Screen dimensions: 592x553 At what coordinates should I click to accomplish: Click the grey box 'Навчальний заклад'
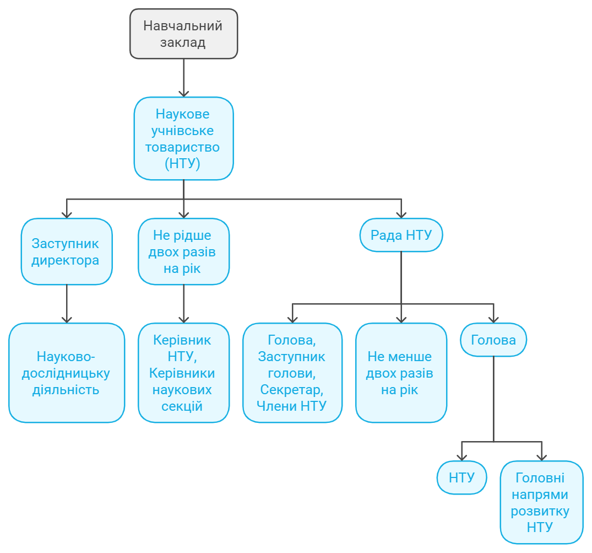coord(183,34)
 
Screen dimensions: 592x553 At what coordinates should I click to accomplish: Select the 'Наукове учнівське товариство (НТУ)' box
coord(183,138)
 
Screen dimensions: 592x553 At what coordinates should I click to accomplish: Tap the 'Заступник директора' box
coord(67,251)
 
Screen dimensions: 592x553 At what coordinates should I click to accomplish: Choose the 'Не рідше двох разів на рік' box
coord(183,251)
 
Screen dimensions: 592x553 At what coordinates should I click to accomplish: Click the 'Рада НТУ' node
coord(401,235)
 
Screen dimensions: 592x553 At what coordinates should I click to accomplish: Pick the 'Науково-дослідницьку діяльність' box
coord(67,373)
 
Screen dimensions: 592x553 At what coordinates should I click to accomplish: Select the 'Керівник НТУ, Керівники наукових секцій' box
coord(183,373)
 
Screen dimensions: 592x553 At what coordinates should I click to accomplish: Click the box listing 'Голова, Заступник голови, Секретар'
coord(292,373)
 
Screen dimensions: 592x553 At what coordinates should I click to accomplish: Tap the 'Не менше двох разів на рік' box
coord(401,373)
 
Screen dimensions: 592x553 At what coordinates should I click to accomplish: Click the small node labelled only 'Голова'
coord(493,340)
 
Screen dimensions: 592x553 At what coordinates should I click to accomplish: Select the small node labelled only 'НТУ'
coord(461,477)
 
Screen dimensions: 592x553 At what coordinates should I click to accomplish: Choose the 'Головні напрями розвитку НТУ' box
coord(542,502)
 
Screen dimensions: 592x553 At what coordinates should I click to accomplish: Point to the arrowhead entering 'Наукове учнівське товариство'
coord(183,94)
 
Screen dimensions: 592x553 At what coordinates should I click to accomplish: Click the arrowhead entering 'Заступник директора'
coord(67,214)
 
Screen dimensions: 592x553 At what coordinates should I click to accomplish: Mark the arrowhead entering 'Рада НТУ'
coord(401,214)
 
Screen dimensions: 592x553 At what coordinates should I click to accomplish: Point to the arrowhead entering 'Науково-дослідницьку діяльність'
coord(67,320)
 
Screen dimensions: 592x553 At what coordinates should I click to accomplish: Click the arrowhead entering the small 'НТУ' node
coord(461,458)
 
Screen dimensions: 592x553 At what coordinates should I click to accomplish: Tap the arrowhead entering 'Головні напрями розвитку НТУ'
coord(542,458)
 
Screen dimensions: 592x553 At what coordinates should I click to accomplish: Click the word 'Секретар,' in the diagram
coord(292,390)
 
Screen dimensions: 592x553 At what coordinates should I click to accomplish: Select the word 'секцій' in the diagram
coord(182,406)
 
